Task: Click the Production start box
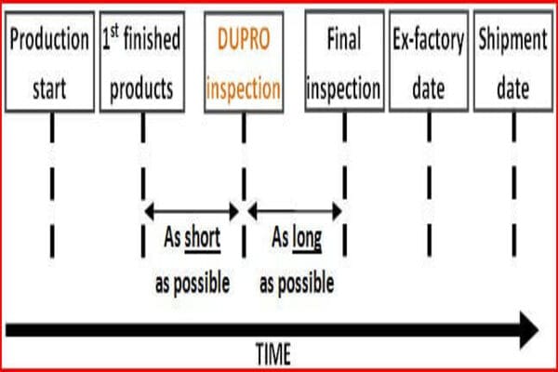[x=51, y=62]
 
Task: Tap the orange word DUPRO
[x=243, y=41]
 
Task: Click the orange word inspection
[x=243, y=89]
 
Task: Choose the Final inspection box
[x=344, y=62]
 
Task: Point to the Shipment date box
[x=514, y=62]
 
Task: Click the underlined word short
[x=202, y=239]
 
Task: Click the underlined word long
[x=307, y=239]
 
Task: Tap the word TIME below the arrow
[x=272, y=353]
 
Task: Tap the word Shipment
[x=514, y=41]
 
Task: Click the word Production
[x=51, y=41]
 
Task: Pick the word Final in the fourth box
[x=344, y=41]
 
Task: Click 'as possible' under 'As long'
[x=295, y=280]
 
